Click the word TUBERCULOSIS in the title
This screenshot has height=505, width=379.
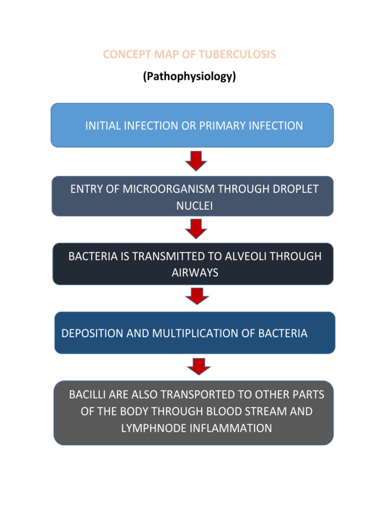point(236,54)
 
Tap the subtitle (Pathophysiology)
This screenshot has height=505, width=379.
point(189,77)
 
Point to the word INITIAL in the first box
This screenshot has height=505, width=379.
point(103,126)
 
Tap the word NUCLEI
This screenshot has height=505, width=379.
point(194,206)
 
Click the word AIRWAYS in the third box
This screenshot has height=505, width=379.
point(194,273)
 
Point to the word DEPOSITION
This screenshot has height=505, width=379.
point(92,333)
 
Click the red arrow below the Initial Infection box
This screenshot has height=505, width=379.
point(196,160)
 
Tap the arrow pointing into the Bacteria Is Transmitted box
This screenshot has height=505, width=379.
point(196,228)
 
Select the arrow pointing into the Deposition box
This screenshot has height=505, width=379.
point(196,296)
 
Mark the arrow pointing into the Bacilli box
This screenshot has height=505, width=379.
point(199,366)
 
